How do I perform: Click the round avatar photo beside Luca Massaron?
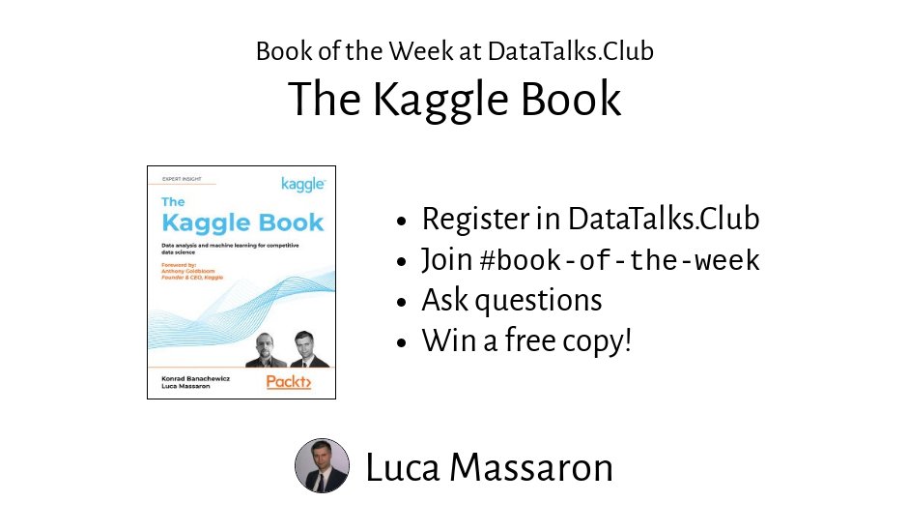coord(322,466)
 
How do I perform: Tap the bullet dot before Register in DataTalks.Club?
coord(403,221)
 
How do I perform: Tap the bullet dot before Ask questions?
coord(403,302)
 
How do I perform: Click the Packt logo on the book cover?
coord(289,382)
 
